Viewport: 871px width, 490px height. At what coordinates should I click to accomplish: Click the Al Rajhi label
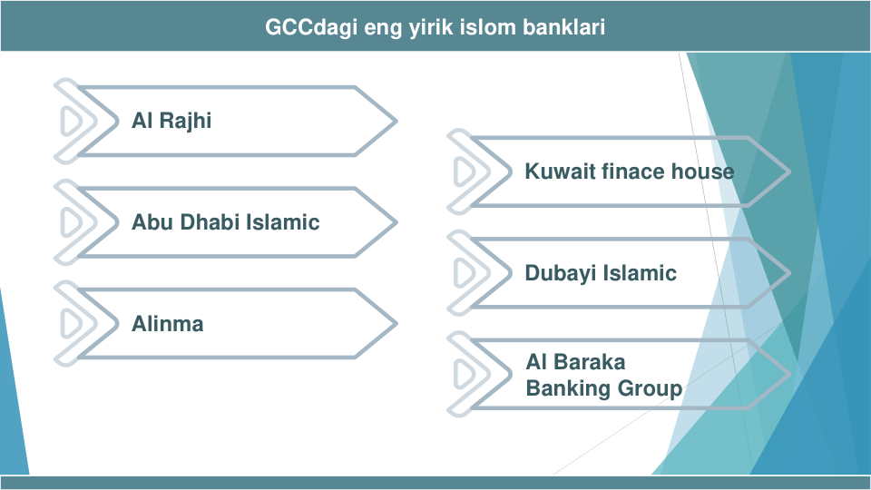(171, 121)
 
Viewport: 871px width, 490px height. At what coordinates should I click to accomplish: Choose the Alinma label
(167, 324)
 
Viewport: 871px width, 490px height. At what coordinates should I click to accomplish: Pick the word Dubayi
(561, 274)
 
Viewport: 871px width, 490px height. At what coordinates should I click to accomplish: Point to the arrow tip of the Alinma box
(396, 323)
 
